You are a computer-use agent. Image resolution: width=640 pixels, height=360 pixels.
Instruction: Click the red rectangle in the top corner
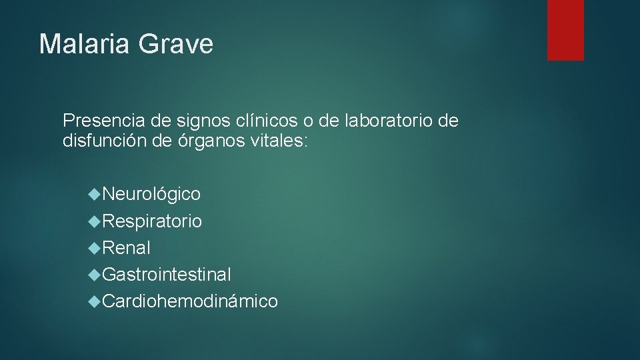click(565, 29)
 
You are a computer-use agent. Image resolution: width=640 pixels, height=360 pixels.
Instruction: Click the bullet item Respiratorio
click(153, 221)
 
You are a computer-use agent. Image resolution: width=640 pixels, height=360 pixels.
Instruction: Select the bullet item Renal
click(127, 248)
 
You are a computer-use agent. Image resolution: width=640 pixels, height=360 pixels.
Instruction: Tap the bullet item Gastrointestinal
click(167, 274)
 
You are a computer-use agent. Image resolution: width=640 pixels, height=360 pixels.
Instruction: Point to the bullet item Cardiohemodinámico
click(191, 301)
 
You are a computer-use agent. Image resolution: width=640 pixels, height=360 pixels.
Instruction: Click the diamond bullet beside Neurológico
click(96, 194)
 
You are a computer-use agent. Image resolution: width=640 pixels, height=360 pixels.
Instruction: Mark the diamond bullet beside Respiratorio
click(96, 221)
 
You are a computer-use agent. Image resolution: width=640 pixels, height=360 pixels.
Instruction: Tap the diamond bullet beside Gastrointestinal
click(96, 274)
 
